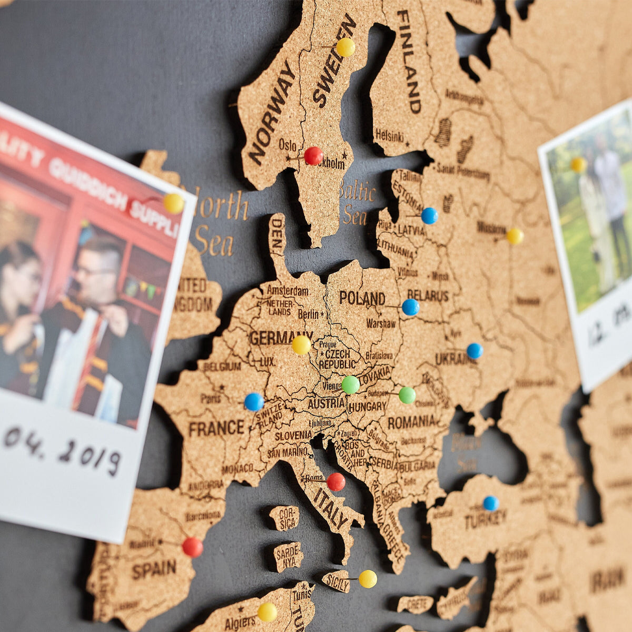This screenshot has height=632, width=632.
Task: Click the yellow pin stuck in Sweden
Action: (x=345, y=47)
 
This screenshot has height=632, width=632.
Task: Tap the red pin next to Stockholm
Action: (x=313, y=156)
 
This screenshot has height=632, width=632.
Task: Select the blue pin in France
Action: (x=254, y=402)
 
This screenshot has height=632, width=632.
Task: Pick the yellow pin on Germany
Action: (x=301, y=345)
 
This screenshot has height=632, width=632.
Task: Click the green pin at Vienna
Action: (x=350, y=384)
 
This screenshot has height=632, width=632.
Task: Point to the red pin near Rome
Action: (x=335, y=482)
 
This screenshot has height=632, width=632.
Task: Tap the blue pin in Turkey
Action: (x=491, y=503)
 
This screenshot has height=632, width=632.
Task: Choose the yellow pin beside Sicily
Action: (x=368, y=579)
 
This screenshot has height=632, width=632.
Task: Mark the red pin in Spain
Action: (x=192, y=547)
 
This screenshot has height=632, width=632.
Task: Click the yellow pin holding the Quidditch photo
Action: (x=173, y=203)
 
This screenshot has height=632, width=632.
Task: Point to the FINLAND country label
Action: (x=410, y=62)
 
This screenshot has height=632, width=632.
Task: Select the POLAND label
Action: (x=362, y=298)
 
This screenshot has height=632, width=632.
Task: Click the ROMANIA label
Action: (x=411, y=422)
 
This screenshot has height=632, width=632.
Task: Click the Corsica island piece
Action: (x=285, y=518)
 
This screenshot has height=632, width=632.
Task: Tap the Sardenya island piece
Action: (x=288, y=556)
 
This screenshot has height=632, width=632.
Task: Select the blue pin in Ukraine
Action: (x=475, y=351)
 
